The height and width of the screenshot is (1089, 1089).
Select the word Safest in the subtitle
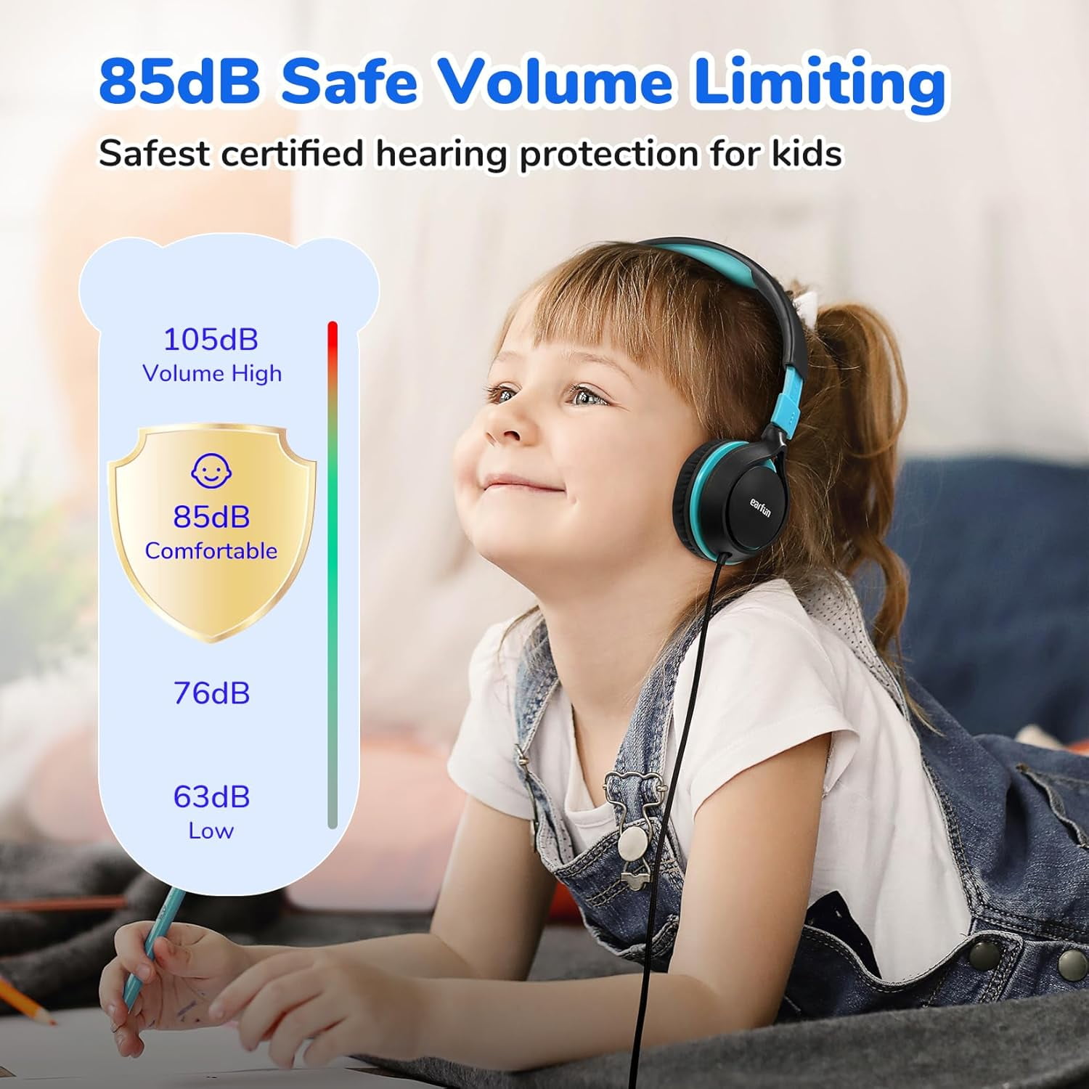pyautogui.click(x=154, y=154)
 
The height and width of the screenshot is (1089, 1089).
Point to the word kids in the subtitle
pyautogui.click(x=807, y=154)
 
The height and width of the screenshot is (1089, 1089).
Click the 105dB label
pyautogui.click(x=211, y=339)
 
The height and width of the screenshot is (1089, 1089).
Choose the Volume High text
pyautogui.click(x=212, y=373)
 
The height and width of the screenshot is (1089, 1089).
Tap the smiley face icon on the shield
pyautogui.click(x=211, y=470)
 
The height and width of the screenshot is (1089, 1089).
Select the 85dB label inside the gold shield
pyautogui.click(x=211, y=517)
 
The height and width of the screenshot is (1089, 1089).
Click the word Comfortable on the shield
pyautogui.click(x=211, y=551)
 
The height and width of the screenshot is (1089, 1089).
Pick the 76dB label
pyautogui.click(x=211, y=693)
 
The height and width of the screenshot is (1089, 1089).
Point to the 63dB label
pyautogui.click(x=211, y=797)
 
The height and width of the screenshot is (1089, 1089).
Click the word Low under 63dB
pyautogui.click(x=211, y=831)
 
